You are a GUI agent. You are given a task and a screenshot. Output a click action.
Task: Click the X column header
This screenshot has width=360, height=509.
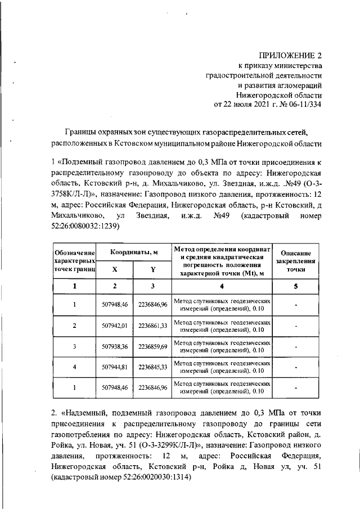pyautogui.click(x=115, y=269)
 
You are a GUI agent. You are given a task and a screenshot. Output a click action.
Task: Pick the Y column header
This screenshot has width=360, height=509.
pyautogui.click(x=152, y=269)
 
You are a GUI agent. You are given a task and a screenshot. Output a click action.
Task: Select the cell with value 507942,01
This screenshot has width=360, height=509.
pyautogui.click(x=115, y=326)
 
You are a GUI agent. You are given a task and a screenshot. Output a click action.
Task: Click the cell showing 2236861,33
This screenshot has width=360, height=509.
pyautogui.click(x=152, y=326)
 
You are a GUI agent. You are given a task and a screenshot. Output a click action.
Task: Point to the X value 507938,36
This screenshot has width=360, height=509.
pyautogui.click(x=115, y=346)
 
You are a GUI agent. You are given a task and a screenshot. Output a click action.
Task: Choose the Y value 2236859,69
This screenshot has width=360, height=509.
pyautogui.click(x=152, y=346)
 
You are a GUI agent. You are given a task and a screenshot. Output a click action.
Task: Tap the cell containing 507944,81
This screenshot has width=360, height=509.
pyautogui.click(x=115, y=367)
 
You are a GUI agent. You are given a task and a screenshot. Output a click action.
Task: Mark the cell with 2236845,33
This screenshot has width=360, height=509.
pyautogui.click(x=152, y=367)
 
